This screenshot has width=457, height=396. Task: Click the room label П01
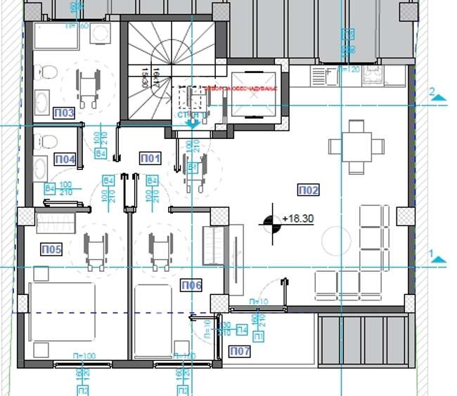[x=151, y=157]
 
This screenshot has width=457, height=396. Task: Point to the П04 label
[x=65, y=159]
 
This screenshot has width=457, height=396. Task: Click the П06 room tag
[x=191, y=285]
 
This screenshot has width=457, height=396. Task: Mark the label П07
[x=240, y=350]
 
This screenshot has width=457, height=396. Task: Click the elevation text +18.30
[x=297, y=219]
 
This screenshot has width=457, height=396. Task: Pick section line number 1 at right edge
[x=433, y=251]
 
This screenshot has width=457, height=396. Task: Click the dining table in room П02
[x=356, y=147]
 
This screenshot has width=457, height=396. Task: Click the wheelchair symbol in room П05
[x=96, y=250]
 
